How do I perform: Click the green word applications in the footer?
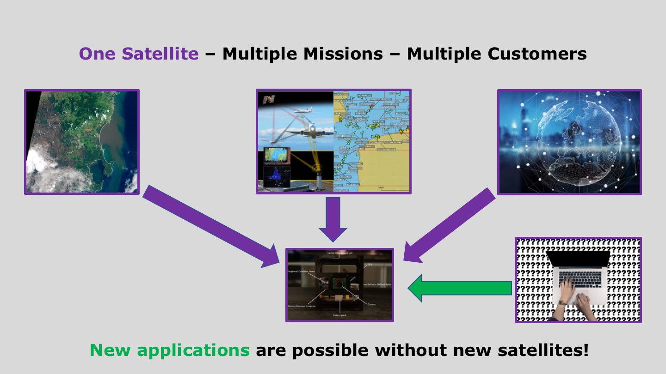pyautogui.click(x=193, y=350)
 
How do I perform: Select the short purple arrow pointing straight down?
pyautogui.click(x=333, y=219)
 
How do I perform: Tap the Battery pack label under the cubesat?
pyautogui.click(x=339, y=315)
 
